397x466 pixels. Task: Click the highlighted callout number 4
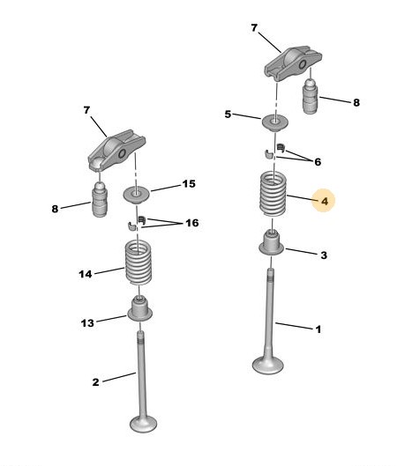coord(325,201)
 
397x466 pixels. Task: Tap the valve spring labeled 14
coord(139,263)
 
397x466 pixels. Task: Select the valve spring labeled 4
coord(273,194)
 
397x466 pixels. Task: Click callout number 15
coord(189,183)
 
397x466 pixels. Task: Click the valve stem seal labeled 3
coord(271,244)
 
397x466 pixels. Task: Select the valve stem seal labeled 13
coord(140,309)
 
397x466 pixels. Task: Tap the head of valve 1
coord(267,366)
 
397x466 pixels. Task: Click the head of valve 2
coord(144,424)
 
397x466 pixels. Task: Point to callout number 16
coord(192,223)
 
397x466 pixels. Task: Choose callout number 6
coord(318,162)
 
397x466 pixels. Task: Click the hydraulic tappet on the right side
coord(310,96)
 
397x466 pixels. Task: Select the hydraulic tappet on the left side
coord(100,199)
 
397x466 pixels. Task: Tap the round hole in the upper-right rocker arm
coord(303,64)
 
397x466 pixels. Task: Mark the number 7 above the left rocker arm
coord(86,110)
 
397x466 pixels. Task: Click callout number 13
coord(87,323)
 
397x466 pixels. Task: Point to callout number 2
coord(95,382)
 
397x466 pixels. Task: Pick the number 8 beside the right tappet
coord(356,102)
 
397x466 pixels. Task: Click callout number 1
coord(318,329)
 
